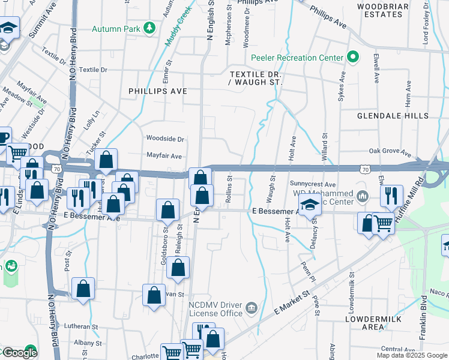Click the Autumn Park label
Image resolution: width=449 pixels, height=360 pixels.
116,29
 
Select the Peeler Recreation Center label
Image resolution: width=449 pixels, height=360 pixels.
297,58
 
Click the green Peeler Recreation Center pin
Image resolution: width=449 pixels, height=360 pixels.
353,58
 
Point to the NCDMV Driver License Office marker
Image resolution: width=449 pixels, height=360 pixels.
252,308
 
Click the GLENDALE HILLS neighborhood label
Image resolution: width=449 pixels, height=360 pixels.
393,115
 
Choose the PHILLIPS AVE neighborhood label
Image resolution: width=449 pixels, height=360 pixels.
158,91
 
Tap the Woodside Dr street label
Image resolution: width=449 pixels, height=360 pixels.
164,139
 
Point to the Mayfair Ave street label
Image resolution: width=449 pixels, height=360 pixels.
164,156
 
